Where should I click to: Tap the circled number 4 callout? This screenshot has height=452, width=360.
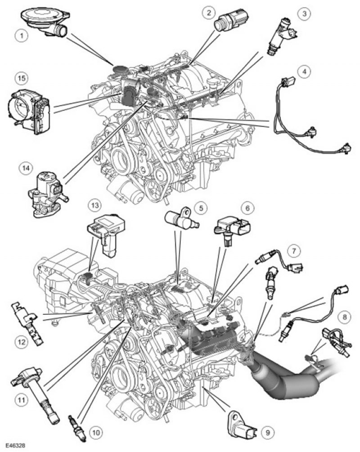pos(306,71)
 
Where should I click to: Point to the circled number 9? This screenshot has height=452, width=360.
pos(268,433)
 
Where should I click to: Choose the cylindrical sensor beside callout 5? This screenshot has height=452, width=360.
pos(180,218)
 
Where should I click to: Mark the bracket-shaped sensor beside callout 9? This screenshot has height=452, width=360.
pos(243,423)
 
